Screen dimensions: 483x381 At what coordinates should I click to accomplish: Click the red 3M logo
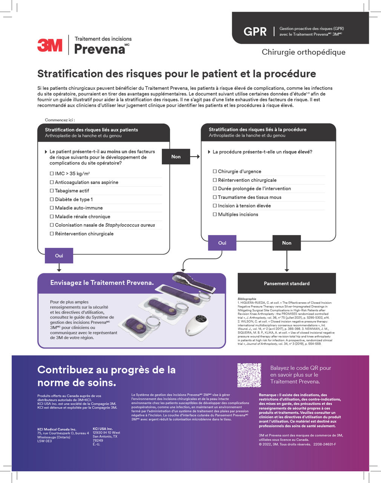tap(50, 45)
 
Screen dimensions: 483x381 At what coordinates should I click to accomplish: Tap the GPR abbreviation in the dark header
tap(255, 31)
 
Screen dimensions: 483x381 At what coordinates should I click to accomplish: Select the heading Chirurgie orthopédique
tap(303, 52)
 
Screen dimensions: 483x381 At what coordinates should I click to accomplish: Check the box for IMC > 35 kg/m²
tap(52, 174)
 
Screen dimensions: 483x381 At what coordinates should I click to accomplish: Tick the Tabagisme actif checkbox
tap(52, 191)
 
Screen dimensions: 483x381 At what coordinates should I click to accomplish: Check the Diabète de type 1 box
tap(52, 199)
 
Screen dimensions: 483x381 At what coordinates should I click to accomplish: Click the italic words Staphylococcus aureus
tap(130, 225)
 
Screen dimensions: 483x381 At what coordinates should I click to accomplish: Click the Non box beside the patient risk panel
tap(176, 157)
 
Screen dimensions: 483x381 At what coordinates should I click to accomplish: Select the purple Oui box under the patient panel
tap(59, 255)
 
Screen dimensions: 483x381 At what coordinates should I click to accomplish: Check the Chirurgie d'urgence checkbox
tap(215, 171)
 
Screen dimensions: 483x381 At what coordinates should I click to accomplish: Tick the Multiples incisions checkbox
tap(215, 214)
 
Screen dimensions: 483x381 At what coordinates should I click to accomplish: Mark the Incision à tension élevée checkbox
tap(215, 206)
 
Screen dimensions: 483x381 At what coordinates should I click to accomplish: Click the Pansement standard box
tap(287, 283)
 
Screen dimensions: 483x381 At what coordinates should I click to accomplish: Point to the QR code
tap(249, 375)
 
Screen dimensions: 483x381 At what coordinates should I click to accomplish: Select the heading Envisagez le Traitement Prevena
tap(102, 283)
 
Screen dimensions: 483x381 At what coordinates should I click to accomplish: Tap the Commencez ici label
tap(60, 120)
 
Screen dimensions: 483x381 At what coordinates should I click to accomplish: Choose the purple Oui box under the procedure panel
tap(222, 243)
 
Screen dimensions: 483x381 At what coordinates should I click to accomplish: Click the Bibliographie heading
tap(247, 299)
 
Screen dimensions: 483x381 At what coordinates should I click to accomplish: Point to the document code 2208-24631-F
tap(324, 444)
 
